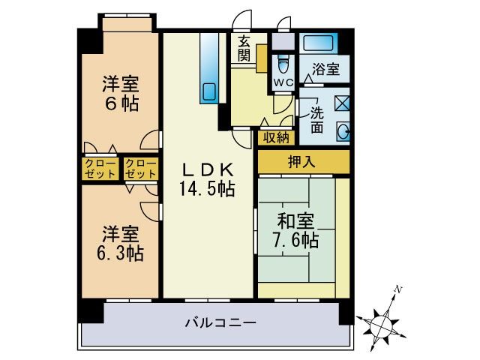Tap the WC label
(282, 82)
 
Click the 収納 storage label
(275, 137)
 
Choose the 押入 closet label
(303, 160)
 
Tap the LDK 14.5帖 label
(206, 179)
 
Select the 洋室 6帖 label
(120, 94)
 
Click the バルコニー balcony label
(220, 323)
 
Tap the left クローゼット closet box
(100, 168)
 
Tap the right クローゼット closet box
(141, 168)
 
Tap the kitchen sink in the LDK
(208, 92)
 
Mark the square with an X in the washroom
(341, 103)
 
